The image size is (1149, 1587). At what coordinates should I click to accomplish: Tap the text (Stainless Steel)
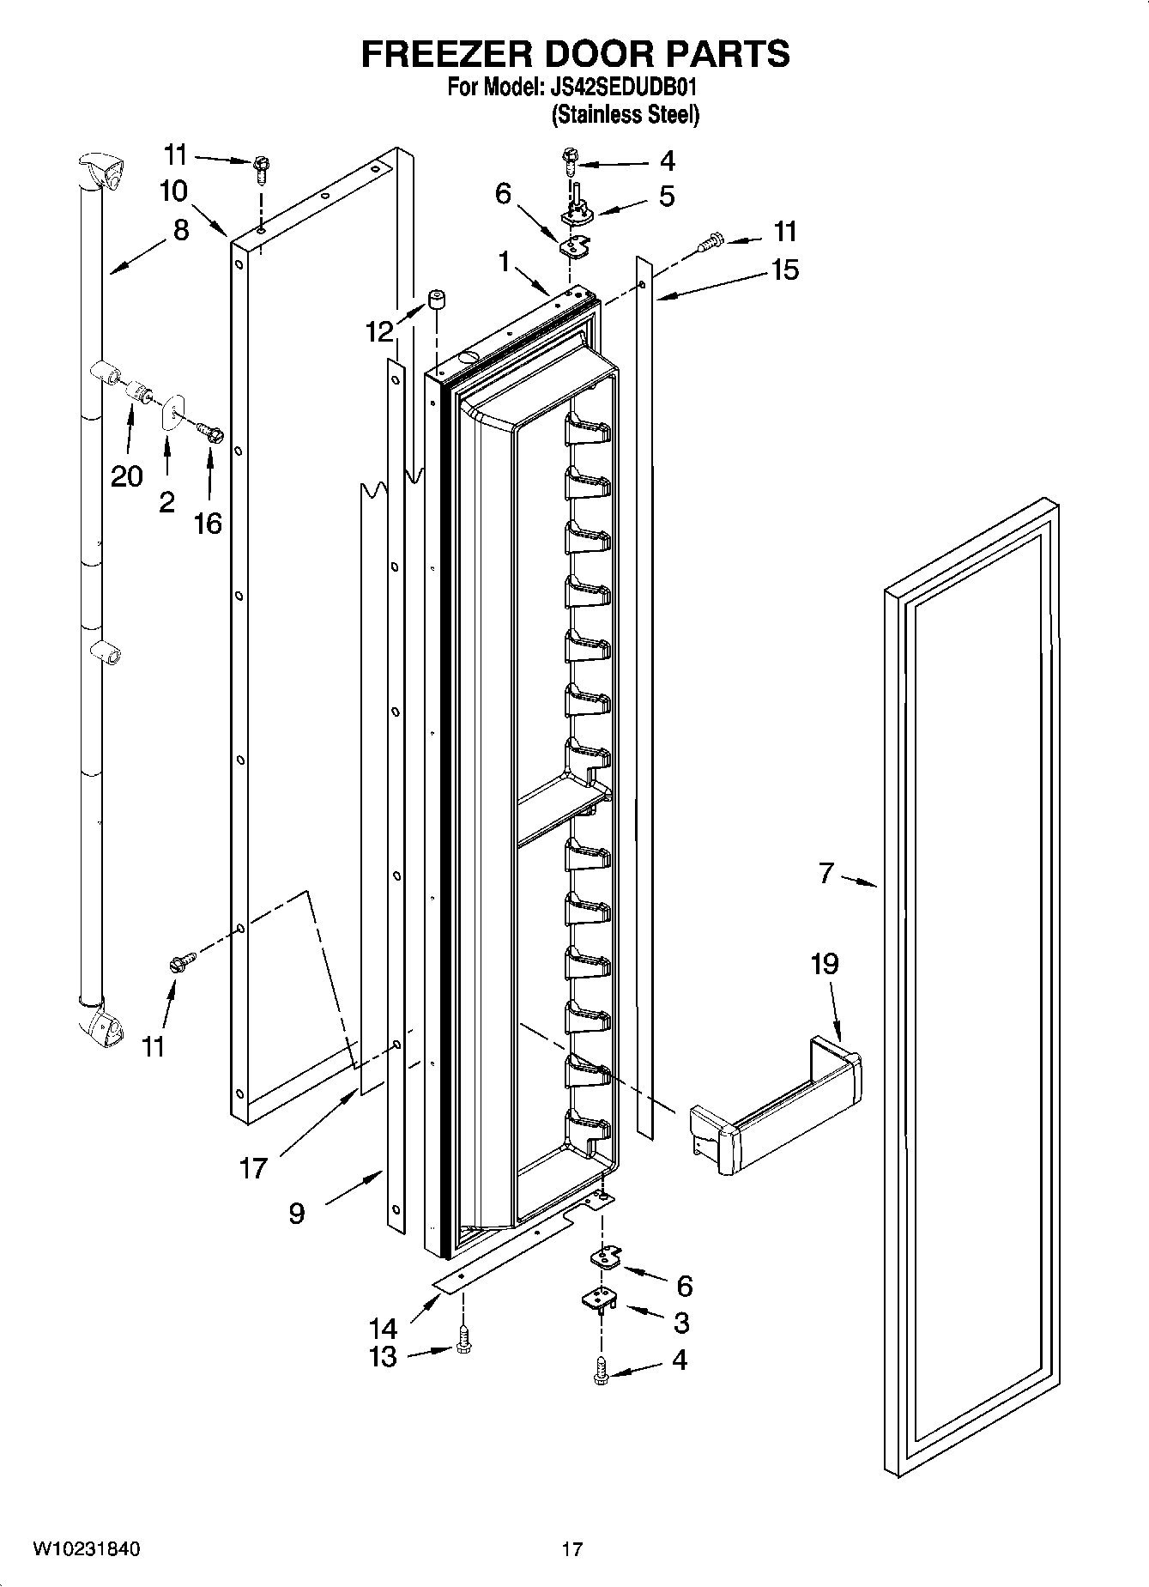(625, 114)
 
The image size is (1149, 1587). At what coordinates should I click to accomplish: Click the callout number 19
(824, 964)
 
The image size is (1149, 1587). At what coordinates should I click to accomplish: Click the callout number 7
(825, 874)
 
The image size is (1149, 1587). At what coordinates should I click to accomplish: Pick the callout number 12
(379, 331)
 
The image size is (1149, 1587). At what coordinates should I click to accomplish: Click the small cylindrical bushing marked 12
(437, 302)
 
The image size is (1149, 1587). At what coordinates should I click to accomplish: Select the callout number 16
(208, 522)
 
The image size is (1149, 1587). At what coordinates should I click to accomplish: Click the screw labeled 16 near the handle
(211, 434)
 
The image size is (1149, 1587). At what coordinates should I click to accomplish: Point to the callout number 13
(384, 1357)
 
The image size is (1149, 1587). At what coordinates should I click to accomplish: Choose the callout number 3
(680, 1323)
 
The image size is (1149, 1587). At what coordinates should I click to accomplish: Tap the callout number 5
(667, 197)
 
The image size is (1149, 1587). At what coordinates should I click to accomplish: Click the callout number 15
(784, 270)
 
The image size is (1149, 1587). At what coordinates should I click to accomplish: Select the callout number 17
(253, 1167)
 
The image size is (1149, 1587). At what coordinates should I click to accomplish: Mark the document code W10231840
(86, 1549)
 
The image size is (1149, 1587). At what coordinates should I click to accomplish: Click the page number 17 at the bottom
(572, 1549)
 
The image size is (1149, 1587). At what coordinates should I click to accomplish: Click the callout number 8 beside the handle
(180, 230)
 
